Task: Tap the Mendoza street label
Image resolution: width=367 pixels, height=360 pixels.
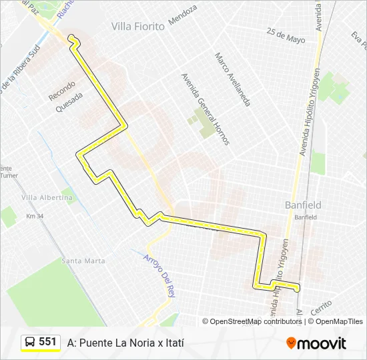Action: pyautogui.click(x=183, y=15)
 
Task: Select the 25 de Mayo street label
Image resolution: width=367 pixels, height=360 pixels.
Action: pyautogui.click(x=285, y=35)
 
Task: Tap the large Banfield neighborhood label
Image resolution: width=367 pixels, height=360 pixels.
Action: pyautogui.click(x=303, y=205)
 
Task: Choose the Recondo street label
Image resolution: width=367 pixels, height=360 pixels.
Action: pyautogui.click(x=62, y=91)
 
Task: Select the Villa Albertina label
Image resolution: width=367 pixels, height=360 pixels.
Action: pyautogui.click(x=47, y=198)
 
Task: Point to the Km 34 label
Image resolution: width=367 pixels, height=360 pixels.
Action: pyautogui.click(x=35, y=216)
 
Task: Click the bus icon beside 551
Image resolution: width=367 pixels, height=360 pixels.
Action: pyautogui.click(x=30, y=342)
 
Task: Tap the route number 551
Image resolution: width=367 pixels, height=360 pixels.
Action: pyautogui.click(x=47, y=342)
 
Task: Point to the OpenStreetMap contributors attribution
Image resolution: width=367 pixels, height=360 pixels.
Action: pyautogui.click(x=256, y=321)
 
